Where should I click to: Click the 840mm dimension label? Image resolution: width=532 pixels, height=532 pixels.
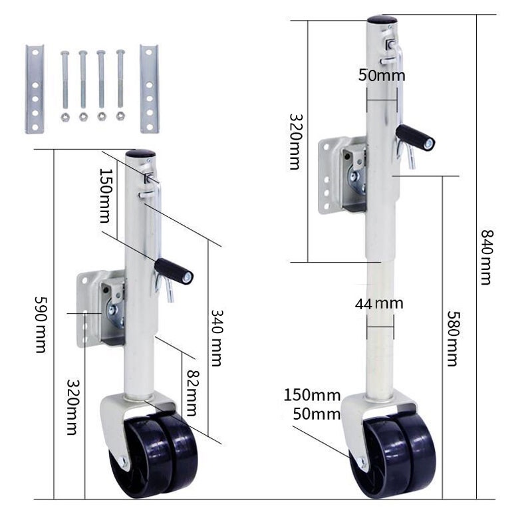click(x=487, y=257)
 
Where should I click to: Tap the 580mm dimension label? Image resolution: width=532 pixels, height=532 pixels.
click(x=453, y=338)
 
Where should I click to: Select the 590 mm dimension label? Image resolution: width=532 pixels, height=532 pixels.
click(x=41, y=325)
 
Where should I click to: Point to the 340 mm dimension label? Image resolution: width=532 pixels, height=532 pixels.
click(x=217, y=338)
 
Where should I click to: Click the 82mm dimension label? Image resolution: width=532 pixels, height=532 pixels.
click(x=192, y=392)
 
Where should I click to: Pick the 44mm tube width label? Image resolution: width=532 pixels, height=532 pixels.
click(x=379, y=304)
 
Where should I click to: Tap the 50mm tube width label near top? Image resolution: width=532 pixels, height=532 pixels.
click(x=382, y=75)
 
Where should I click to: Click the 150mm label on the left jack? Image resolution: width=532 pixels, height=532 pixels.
click(x=105, y=196)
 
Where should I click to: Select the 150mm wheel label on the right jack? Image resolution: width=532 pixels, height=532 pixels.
click(x=312, y=395)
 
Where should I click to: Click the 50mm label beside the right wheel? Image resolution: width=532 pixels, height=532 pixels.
click(x=317, y=414)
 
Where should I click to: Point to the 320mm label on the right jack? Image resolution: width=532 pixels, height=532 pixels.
click(x=295, y=142)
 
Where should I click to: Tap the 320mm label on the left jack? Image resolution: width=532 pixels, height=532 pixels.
click(x=72, y=407)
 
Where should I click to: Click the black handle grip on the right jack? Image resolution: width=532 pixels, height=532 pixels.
click(x=415, y=138)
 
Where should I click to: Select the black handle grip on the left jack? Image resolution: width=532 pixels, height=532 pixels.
click(x=174, y=271)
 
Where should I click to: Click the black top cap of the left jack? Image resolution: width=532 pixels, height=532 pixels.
click(x=140, y=154)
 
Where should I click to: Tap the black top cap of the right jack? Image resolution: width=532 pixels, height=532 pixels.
click(x=382, y=20)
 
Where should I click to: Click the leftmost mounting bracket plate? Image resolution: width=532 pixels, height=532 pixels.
click(x=35, y=89)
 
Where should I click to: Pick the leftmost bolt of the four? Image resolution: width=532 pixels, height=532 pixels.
click(x=65, y=80)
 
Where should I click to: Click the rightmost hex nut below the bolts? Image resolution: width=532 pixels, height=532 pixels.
click(x=120, y=116)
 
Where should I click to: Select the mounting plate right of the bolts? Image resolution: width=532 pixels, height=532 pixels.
click(x=149, y=88)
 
